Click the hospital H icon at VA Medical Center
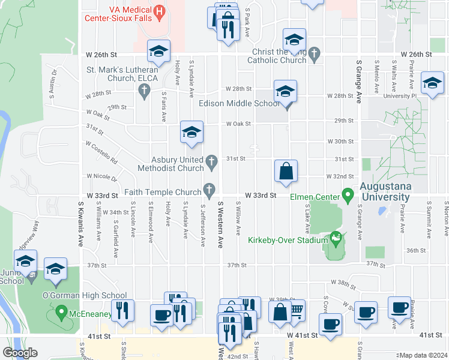click(159, 10)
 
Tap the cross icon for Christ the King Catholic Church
click(315, 52)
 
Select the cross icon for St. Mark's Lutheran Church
click(143, 91)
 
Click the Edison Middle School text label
click(239, 103)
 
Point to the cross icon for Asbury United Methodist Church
click(211, 161)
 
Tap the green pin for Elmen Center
click(347, 194)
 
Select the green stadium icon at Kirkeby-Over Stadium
click(336, 239)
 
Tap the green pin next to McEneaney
click(61, 312)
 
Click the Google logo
click(20, 353)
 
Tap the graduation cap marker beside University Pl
click(432, 83)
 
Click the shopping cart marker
click(295, 311)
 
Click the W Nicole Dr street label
click(101, 177)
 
